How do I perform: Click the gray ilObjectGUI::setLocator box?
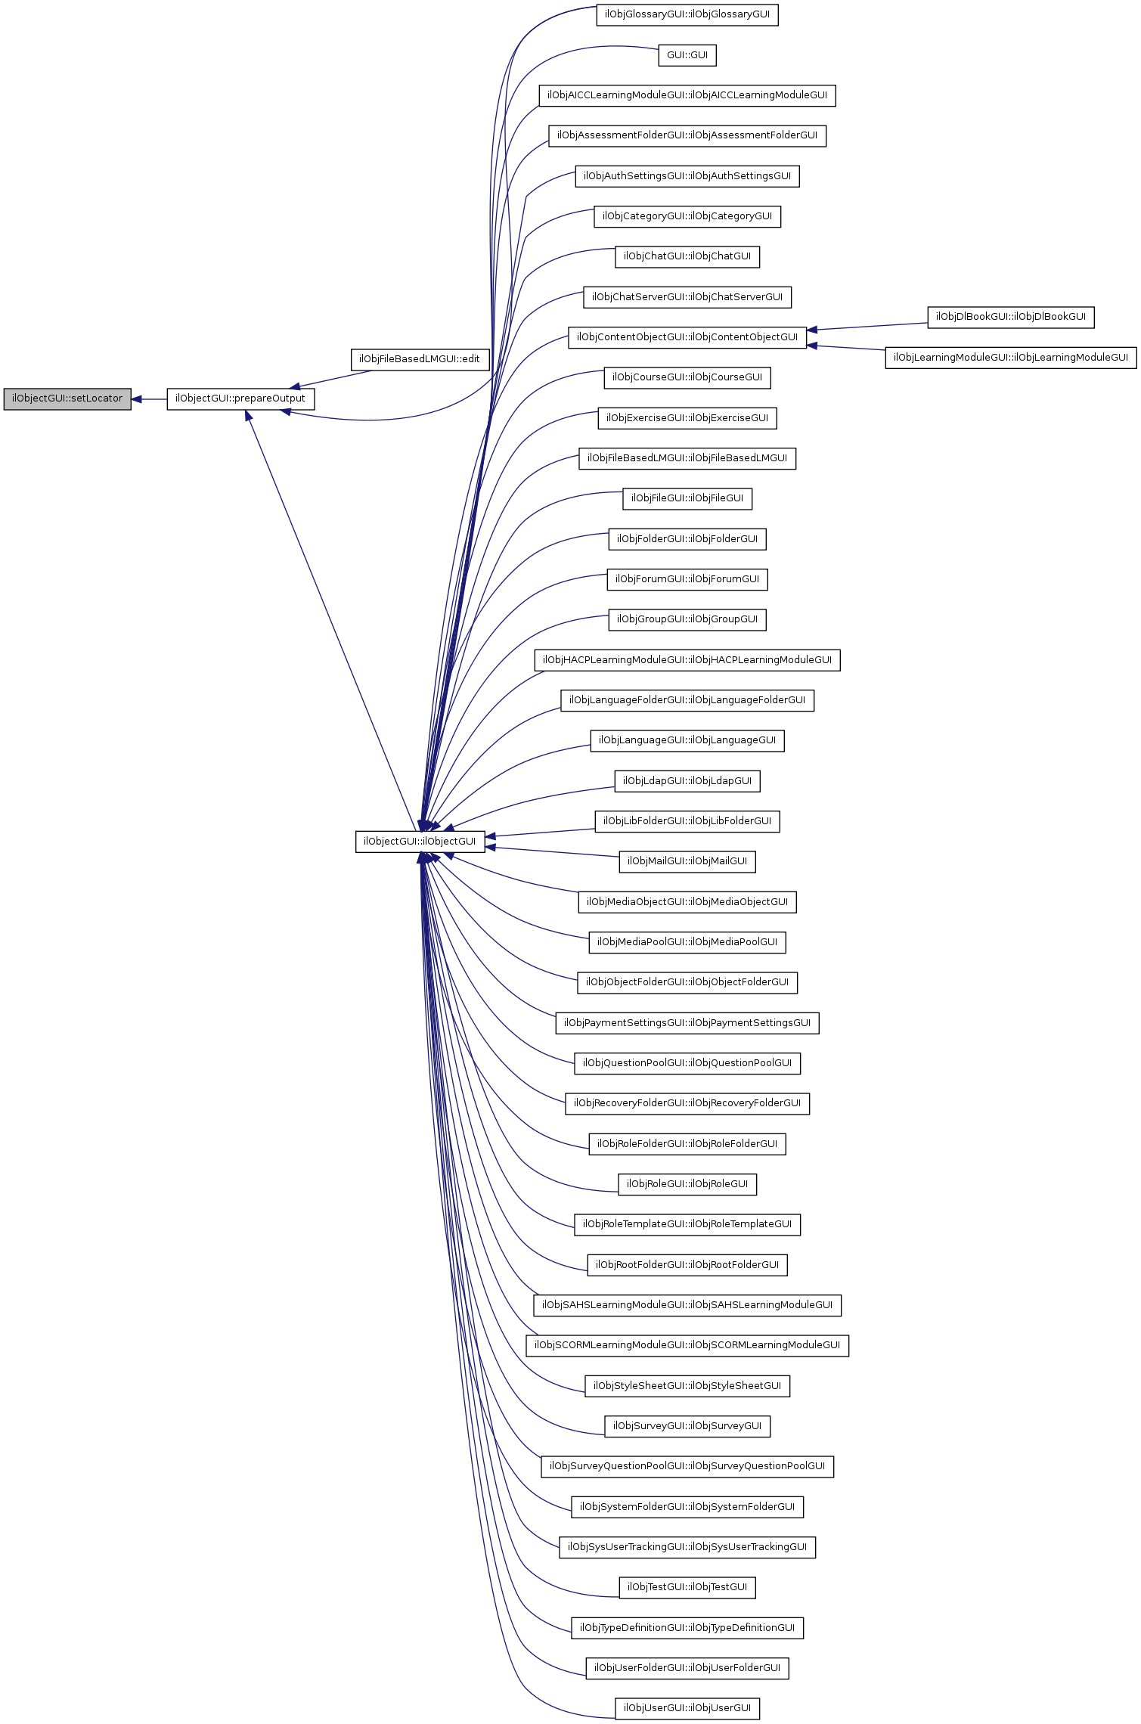pyautogui.click(x=67, y=398)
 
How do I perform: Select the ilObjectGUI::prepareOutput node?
pyautogui.click(x=240, y=398)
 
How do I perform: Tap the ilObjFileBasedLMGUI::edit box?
pyautogui.click(x=420, y=359)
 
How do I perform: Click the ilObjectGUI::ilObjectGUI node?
pyautogui.click(x=420, y=841)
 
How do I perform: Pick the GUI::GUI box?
pyautogui.click(x=687, y=55)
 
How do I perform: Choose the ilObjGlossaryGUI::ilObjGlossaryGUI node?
pyautogui.click(x=687, y=14)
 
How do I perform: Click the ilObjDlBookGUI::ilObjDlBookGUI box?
pyautogui.click(x=1010, y=317)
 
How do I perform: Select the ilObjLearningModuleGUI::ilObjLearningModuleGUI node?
pyautogui.click(x=1010, y=357)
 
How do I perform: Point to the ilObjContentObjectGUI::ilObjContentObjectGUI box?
pyautogui.click(x=687, y=337)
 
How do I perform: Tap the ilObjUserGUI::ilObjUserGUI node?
pyautogui.click(x=687, y=1707)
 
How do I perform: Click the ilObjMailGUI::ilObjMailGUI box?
pyautogui.click(x=687, y=861)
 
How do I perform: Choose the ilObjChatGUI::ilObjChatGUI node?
pyautogui.click(x=687, y=256)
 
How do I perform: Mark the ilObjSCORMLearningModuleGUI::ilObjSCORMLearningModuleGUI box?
pyautogui.click(x=687, y=1345)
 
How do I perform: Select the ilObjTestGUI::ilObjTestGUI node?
pyautogui.click(x=687, y=1587)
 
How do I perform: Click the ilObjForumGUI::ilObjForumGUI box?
pyautogui.click(x=687, y=579)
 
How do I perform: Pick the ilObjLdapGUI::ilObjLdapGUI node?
pyautogui.click(x=687, y=781)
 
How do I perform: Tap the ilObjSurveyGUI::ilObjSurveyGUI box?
pyautogui.click(x=687, y=1426)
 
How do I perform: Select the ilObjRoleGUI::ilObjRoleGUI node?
pyautogui.click(x=687, y=1184)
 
